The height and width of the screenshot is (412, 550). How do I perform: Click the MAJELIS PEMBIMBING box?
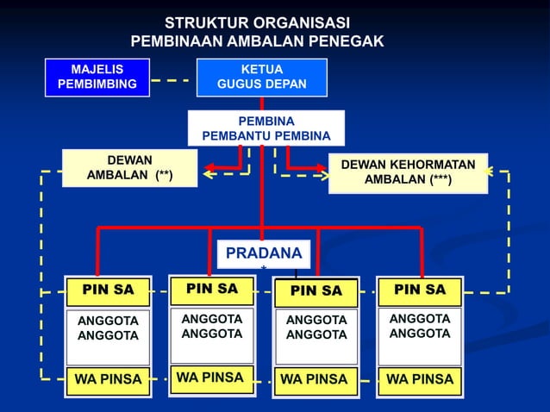tap(97, 77)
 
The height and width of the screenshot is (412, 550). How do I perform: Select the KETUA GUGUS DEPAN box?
tap(261, 77)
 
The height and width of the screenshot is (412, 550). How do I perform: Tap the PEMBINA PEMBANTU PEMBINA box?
tap(266, 128)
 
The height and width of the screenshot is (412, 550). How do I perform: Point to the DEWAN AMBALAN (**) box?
tap(129, 167)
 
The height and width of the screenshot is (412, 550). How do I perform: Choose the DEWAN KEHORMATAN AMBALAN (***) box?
tap(408, 172)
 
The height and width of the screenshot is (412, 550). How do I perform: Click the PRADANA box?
tap(263, 253)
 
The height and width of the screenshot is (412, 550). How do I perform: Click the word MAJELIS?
tap(97, 69)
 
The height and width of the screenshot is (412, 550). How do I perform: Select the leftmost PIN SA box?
tap(108, 290)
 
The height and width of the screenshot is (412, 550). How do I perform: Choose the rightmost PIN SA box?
tap(420, 290)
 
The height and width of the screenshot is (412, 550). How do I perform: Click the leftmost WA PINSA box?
tap(108, 379)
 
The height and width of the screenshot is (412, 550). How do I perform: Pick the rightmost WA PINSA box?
tap(420, 379)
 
